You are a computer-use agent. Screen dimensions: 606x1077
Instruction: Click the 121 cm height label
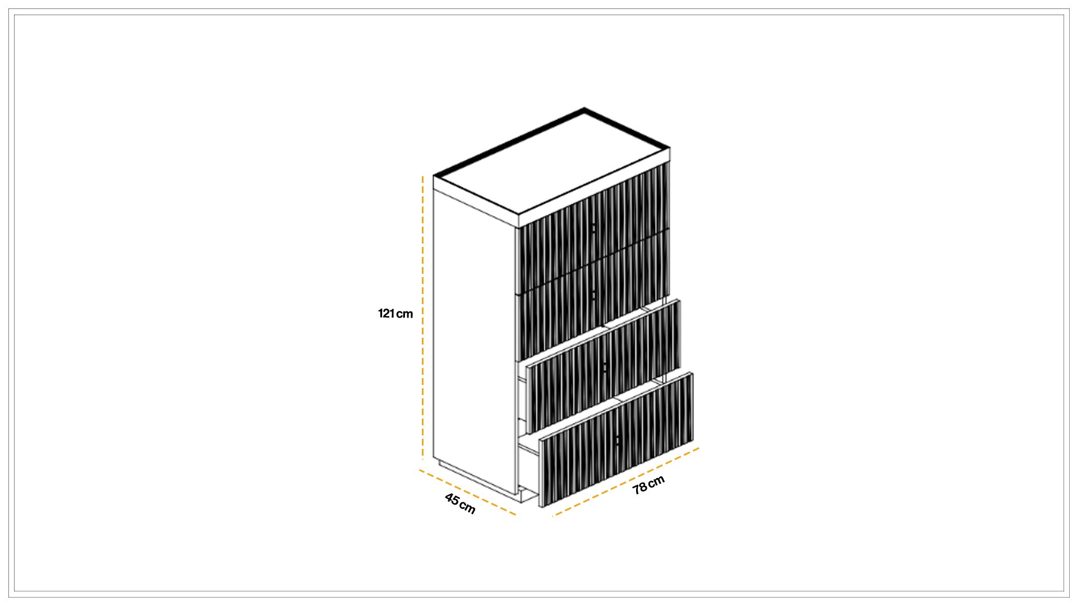tap(395, 314)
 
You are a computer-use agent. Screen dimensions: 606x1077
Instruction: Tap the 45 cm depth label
tap(460, 503)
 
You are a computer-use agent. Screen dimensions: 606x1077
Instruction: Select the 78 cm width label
tap(648, 485)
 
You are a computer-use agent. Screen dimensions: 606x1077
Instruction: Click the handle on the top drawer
tap(593, 228)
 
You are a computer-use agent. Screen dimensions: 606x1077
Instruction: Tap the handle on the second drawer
tap(593, 295)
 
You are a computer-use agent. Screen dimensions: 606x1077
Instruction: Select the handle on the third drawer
tap(605, 368)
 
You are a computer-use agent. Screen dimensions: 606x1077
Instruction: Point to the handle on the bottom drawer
tap(617, 441)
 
